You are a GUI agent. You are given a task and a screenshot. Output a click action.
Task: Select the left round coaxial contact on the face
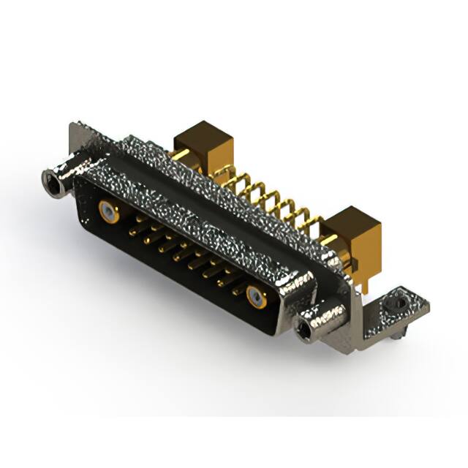coord(108,213)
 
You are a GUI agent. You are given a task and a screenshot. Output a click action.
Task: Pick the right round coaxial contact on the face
coord(256,296)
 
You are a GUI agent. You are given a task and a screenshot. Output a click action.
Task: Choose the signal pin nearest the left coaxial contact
coord(136,228)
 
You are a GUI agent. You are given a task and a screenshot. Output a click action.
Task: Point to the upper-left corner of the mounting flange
coord(75,129)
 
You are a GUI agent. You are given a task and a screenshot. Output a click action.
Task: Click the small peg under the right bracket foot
coord(393,333)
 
